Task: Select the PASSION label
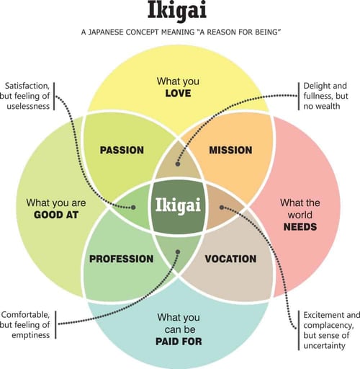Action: [122, 151]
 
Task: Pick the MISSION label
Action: [230, 150]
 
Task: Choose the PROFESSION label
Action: [121, 259]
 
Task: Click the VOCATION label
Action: [230, 259]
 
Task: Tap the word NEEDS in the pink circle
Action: [299, 226]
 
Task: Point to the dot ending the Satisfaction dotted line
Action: [135, 208]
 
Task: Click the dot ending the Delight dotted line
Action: [177, 164]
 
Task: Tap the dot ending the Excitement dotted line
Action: [222, 207]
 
